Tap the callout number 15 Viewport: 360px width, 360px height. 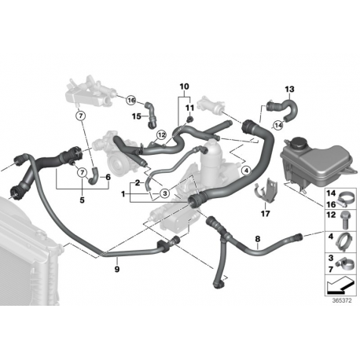pyautogui.click(x=135, y=116)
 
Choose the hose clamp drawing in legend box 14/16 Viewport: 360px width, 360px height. pyautogui.click(x=343, y=195)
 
